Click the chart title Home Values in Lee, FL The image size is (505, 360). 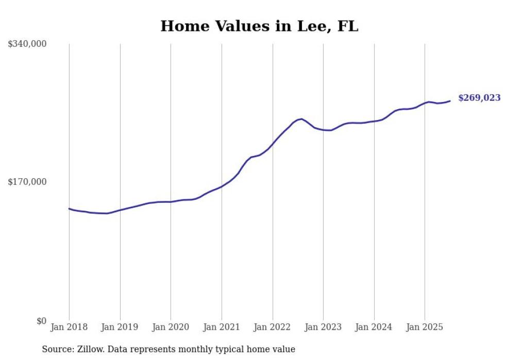click(x=259, y=26)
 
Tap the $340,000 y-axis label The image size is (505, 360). click(x=27, y=44)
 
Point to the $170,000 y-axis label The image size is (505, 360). click(x=27, y=182)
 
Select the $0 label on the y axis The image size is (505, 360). click(x=41, y=321)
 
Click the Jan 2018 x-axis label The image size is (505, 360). click(x=69, y=327)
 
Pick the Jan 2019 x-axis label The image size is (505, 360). click(x=120, y=327)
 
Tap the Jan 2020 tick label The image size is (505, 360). click(x=171, y=327)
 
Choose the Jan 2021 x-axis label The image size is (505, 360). click(x=222, y=327)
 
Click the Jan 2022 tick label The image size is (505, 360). click(x=272, y=327)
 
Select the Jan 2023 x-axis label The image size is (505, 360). click(x=323, y=327)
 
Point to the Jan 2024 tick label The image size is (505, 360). click(x=374, y=327)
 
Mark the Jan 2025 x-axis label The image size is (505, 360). click(x=425, y=327)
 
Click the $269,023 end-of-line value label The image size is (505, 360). click(x=479, y=98)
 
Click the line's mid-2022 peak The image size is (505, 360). click(x=301, y=119)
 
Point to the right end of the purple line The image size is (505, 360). click(x=450, y=101)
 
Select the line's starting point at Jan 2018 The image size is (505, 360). click(x=70, y=209)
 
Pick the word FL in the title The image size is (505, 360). click(x=347, y=26)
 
